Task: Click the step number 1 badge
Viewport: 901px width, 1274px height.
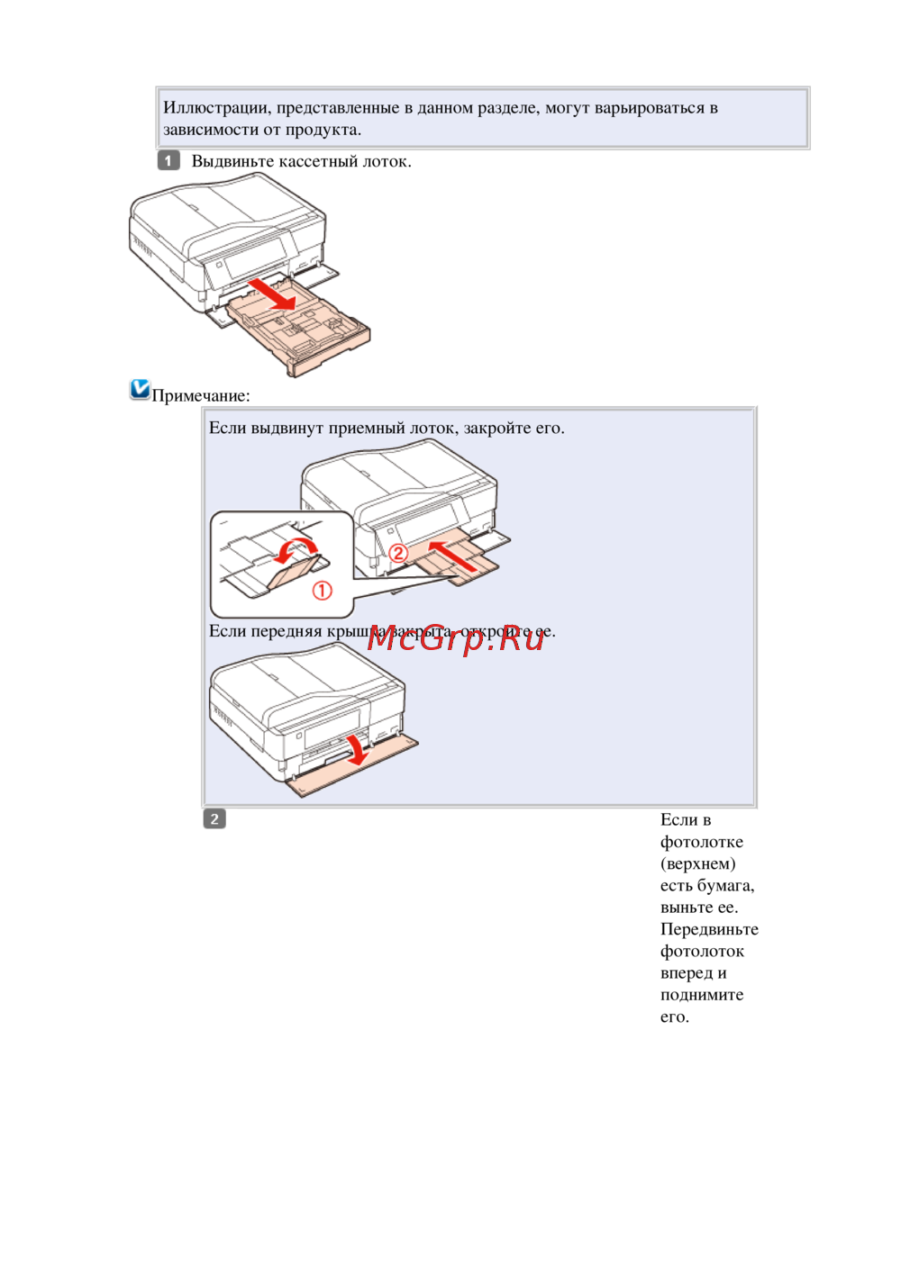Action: (168, 160)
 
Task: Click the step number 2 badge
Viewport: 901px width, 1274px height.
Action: (214, 819)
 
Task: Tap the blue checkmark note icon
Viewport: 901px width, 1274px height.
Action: (140, 389)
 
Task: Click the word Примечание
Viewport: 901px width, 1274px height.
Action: (201, 396)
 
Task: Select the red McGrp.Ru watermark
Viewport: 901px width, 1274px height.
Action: (455, 639)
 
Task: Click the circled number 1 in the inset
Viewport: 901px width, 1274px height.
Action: (322, 591)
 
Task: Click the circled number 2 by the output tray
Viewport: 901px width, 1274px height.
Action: (398, 553)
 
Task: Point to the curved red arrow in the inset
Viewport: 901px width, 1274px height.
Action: (295, 549)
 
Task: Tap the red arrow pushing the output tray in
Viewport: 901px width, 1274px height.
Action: (453, 556)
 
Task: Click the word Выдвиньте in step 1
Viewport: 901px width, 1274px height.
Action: (232, 161)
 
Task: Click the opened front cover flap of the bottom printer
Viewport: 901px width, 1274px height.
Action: (353, 768)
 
